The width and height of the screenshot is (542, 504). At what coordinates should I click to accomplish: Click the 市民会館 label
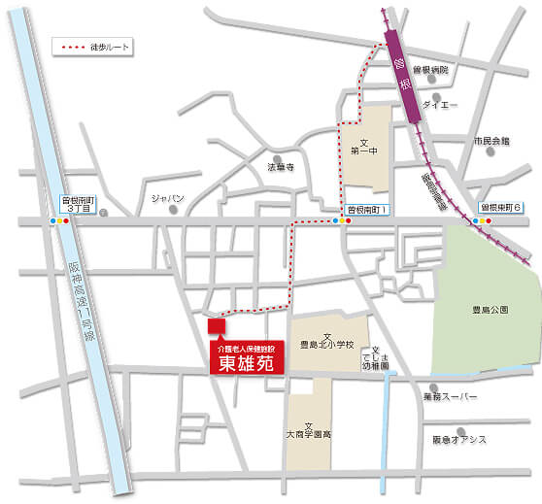(x=491, y=142)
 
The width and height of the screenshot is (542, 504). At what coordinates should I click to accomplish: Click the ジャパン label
(x=167, y=198)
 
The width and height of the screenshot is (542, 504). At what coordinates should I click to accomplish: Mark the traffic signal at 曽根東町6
(x=481, y=221)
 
